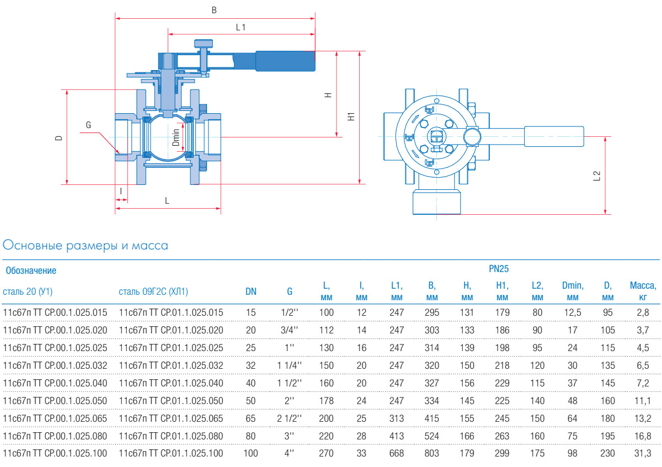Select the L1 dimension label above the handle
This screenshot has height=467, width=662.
241,26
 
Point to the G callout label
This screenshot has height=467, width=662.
88,125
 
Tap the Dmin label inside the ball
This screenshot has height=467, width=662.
176,137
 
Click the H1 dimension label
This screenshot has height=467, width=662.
351,116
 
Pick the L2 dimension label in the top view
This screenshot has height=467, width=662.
596,176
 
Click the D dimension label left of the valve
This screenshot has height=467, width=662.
58,137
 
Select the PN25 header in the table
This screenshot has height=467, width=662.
498,269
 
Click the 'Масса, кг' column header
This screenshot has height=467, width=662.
643,291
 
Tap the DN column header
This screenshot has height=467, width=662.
250,291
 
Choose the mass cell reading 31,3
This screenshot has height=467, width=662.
643,453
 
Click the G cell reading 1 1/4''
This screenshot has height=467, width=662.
290,365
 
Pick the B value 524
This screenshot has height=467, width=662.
432,436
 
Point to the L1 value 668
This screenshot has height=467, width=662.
396,453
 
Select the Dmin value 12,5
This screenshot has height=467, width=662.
572,312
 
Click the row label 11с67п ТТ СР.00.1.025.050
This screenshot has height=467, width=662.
55,400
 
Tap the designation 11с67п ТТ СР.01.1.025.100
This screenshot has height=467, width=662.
171,453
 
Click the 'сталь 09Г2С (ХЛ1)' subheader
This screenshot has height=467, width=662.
157,291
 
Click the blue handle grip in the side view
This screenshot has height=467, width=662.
285,61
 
